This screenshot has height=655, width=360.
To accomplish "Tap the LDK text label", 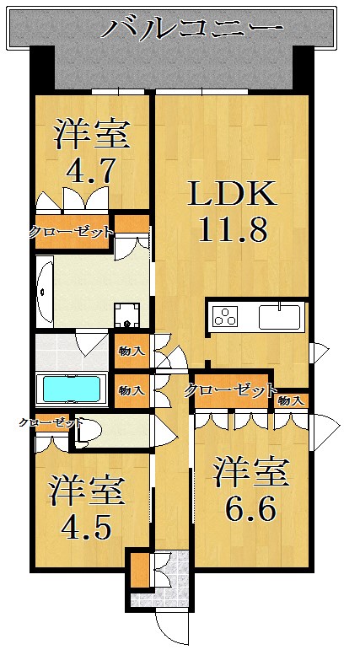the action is pos(232,192).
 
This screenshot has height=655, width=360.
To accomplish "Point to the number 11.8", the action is pos(232,229).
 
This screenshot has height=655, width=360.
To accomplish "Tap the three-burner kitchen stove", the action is pos(225,316).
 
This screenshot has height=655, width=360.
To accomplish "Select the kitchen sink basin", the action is pos(279,317).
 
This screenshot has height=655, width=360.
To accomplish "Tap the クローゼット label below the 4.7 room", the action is pos(71,233).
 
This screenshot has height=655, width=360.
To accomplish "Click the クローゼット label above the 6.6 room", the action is pos(231,391).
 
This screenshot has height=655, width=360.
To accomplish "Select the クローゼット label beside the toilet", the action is pos(51,422).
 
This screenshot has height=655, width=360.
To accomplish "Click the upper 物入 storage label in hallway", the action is pos(132,352).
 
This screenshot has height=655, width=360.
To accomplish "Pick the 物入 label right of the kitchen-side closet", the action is pos(290,401).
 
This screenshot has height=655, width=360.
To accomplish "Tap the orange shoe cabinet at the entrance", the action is pos(140,571).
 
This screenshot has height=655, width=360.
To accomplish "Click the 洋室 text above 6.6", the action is pos(251,472).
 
